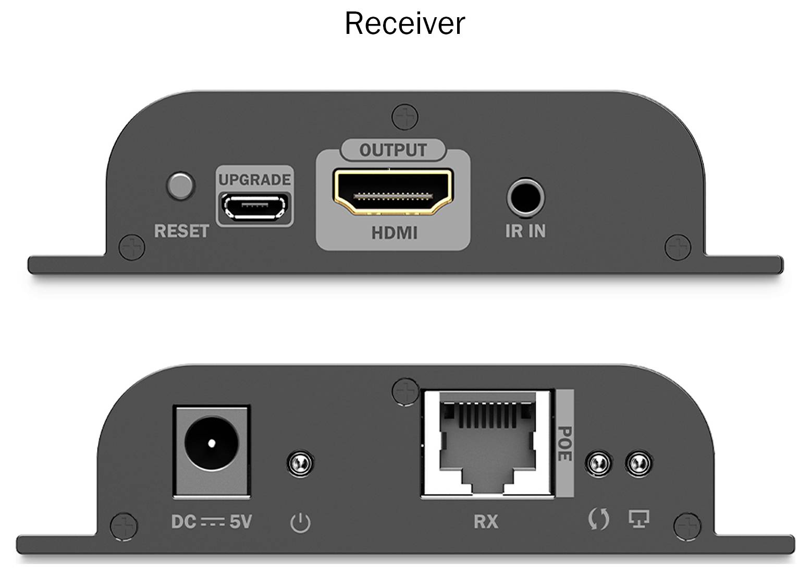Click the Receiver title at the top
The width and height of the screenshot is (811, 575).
pyautogui.click(x=404, y=23)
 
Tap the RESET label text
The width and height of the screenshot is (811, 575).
pyautogui.click(x=181, y=231)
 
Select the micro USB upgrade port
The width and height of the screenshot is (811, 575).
pyautogui.click(x=254, y=206)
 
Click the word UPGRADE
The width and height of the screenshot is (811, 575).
pyautogui.click(x=254, y=180)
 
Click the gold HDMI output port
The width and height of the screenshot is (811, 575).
pyautogui.click(x=393, y=192)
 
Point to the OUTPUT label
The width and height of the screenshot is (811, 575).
pyautogui.click(x=393, y=150)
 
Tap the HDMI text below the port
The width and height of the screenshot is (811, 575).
pyautogui.click(x=394, y=233)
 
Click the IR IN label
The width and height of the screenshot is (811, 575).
pyautogui.click(x=525, y=231)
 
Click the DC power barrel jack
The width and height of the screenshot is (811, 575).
pyautogui.click(x=211, y=443)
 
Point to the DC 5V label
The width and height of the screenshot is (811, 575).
pyautogui.click(x=211, y=521)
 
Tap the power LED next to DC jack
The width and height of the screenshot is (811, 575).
pyautogui.click(x=300, y=462)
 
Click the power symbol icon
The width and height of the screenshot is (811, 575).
pyautogui.click(x=300, y=522)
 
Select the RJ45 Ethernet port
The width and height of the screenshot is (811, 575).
pyautogui.click(x=487, y=443)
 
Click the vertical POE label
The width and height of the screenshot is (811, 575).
pyautogui.click(x=564, y=443)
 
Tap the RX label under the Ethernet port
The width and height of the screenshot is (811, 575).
pyautogui.click(x=486, y=521)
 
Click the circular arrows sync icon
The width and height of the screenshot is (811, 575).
pyautogui.click(x=598, y=520)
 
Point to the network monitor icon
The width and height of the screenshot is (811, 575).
pyautogui.click(x=639, y=519)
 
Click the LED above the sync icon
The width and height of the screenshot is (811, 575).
pyautogui.click(x=598, y=462)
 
